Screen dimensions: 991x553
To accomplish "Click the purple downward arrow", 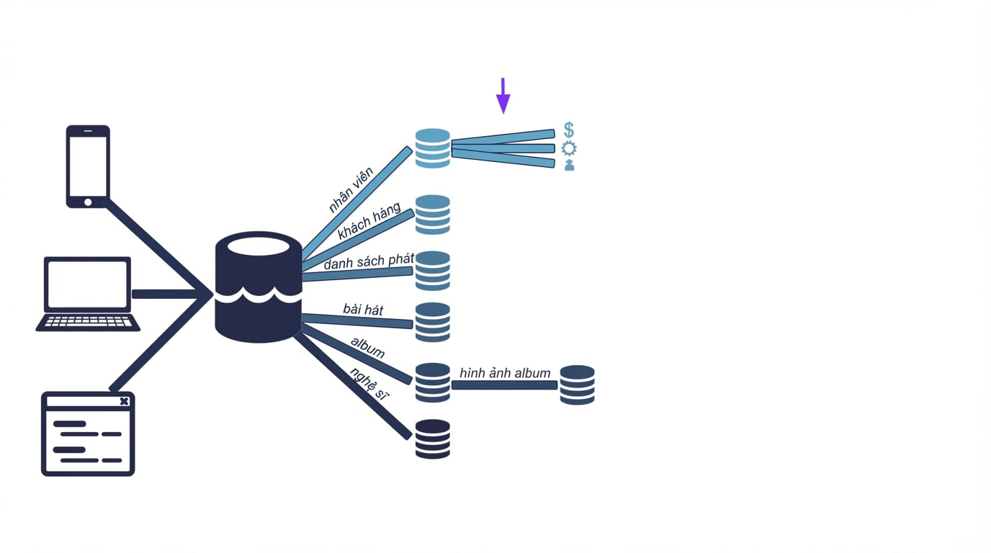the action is pyautogui.click(x=503, y=96).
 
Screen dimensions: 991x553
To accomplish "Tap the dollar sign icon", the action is pyautogui.click(x=569, y=130).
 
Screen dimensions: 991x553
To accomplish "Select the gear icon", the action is pyautogui.click(x=569, y=148).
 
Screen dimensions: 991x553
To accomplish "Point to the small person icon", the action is pyautogui.click(x=570, y=165).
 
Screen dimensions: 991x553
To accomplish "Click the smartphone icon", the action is pyautogui.click(x=88, y=166).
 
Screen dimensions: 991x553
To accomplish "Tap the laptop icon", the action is pyautogui.click(x=88, y=294).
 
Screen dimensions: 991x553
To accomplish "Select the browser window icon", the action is pyautogui.click(x=88, y=433).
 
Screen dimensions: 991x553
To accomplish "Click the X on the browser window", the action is pyautogui.click(x=125, y=401).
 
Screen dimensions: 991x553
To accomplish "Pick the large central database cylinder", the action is pyautogui.click(x=259, y=287).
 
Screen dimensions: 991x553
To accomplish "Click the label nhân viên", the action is pyautogui.click(x=351, y=190).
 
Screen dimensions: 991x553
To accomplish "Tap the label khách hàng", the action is pyautogui.click(x=369, y=220).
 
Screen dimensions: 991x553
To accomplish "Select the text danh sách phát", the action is pyautogui.click(x=369, y=261).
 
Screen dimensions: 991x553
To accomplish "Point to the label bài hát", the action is pyautogui.click(x=363, y=309).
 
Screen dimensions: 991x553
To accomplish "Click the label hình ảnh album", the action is pyautogui.click(x=505, y=373).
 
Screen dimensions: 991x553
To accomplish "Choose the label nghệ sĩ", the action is pyautogui.click(x=369, y=383).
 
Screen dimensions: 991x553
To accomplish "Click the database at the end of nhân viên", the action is pyautogui.click(x=433, y=148).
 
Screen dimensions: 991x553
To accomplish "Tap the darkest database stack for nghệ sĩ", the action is pyautogui.click(x=433, y=439).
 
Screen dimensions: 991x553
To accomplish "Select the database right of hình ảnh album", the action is pyautogui.click(x=578, y=385).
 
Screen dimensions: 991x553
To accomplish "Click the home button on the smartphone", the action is pyautogui.click(x=88, y=202).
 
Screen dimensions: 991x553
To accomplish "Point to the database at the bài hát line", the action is pyautogui.click(x=433, y=322).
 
